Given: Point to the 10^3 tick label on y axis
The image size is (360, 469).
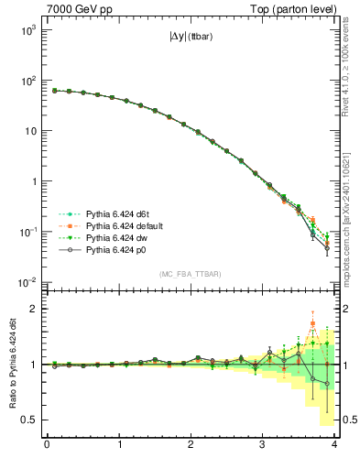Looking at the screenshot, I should (x=27, y=29).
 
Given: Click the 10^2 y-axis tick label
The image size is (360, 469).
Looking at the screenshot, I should (x=27, y=80).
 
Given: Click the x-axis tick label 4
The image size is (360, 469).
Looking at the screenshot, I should (x=336, y=445).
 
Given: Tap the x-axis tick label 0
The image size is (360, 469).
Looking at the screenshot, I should (x=47, y=445).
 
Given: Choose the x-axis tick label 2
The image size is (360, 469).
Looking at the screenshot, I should (x=191, y=445).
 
